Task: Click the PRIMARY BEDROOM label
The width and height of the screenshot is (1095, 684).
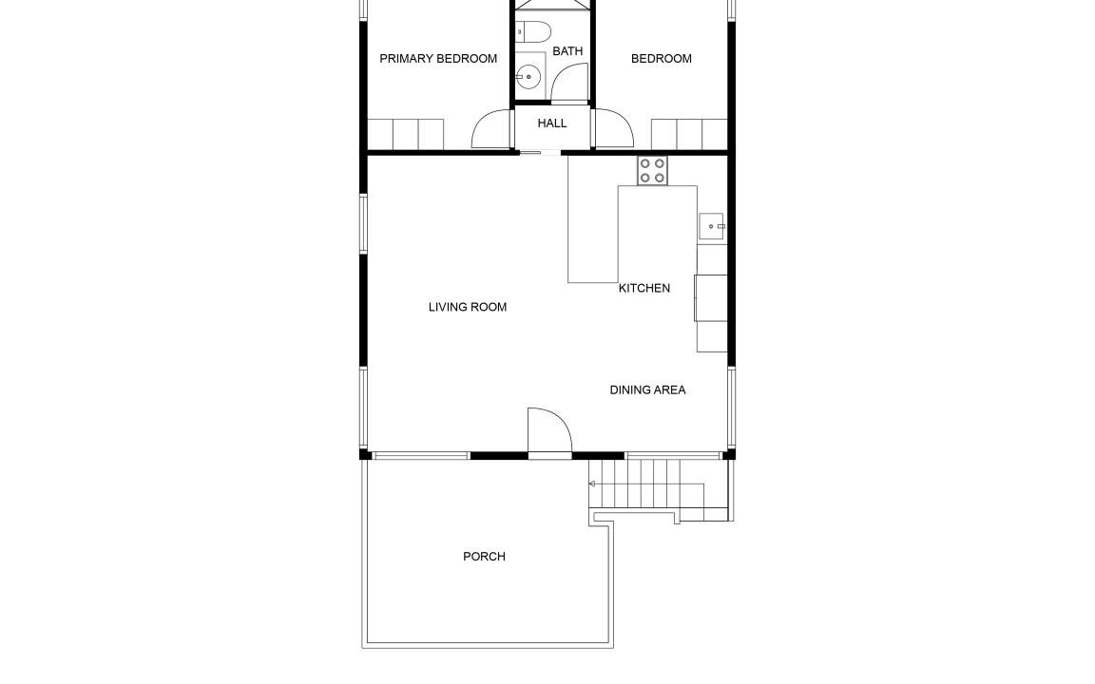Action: [x=438, y=59]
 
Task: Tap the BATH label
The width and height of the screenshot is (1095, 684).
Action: [x=567, y=51]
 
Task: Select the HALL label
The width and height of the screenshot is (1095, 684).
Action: [x=551, y=123]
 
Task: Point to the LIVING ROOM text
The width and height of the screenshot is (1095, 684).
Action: [x=468, y=307]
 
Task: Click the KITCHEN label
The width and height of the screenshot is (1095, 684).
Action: [x=644, y=288]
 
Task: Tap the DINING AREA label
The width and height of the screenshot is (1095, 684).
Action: [x=647, y=390]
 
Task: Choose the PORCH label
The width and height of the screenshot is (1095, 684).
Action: [x=484, y=557]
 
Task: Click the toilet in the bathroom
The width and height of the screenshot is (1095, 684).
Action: [x=533, y=31]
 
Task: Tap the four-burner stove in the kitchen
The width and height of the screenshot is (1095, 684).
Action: [x=652, y=171]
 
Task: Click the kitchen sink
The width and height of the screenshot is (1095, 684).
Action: [x=712, y=227]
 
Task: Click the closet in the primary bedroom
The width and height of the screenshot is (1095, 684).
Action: [x=406, y=134]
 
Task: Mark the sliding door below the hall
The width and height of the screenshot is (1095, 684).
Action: [x=539, y=152]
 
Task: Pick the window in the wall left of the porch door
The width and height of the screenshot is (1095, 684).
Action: [x=420, y=456]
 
